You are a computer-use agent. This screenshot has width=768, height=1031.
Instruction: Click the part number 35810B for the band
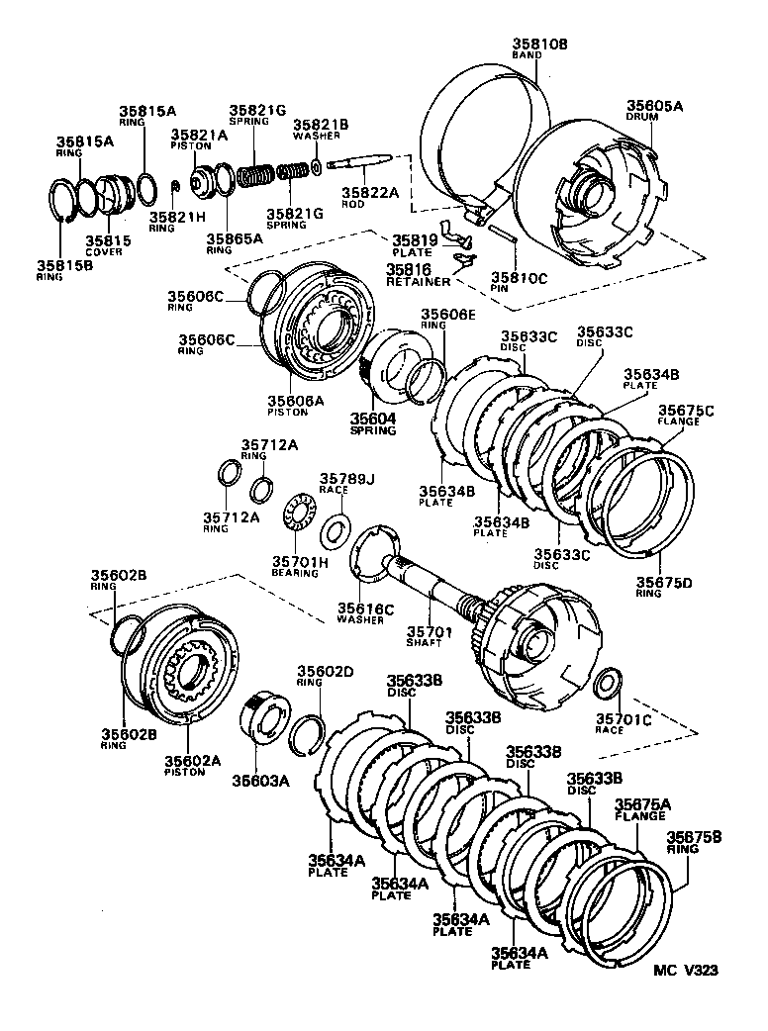[540, 44]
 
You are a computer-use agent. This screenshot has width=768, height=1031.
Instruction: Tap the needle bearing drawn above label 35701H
[298, 515]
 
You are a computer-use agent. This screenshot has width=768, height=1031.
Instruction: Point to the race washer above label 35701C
[609, 682]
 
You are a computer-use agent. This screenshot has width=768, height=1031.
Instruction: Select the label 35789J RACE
[347, 483]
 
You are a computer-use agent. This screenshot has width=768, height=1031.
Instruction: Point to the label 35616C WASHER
[365, 612]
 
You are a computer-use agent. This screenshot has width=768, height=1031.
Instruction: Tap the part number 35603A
[261, 780]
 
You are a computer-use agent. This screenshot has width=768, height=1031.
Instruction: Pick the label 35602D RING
[326, 677]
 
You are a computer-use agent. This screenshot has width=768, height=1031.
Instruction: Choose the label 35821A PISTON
[198, 140]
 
